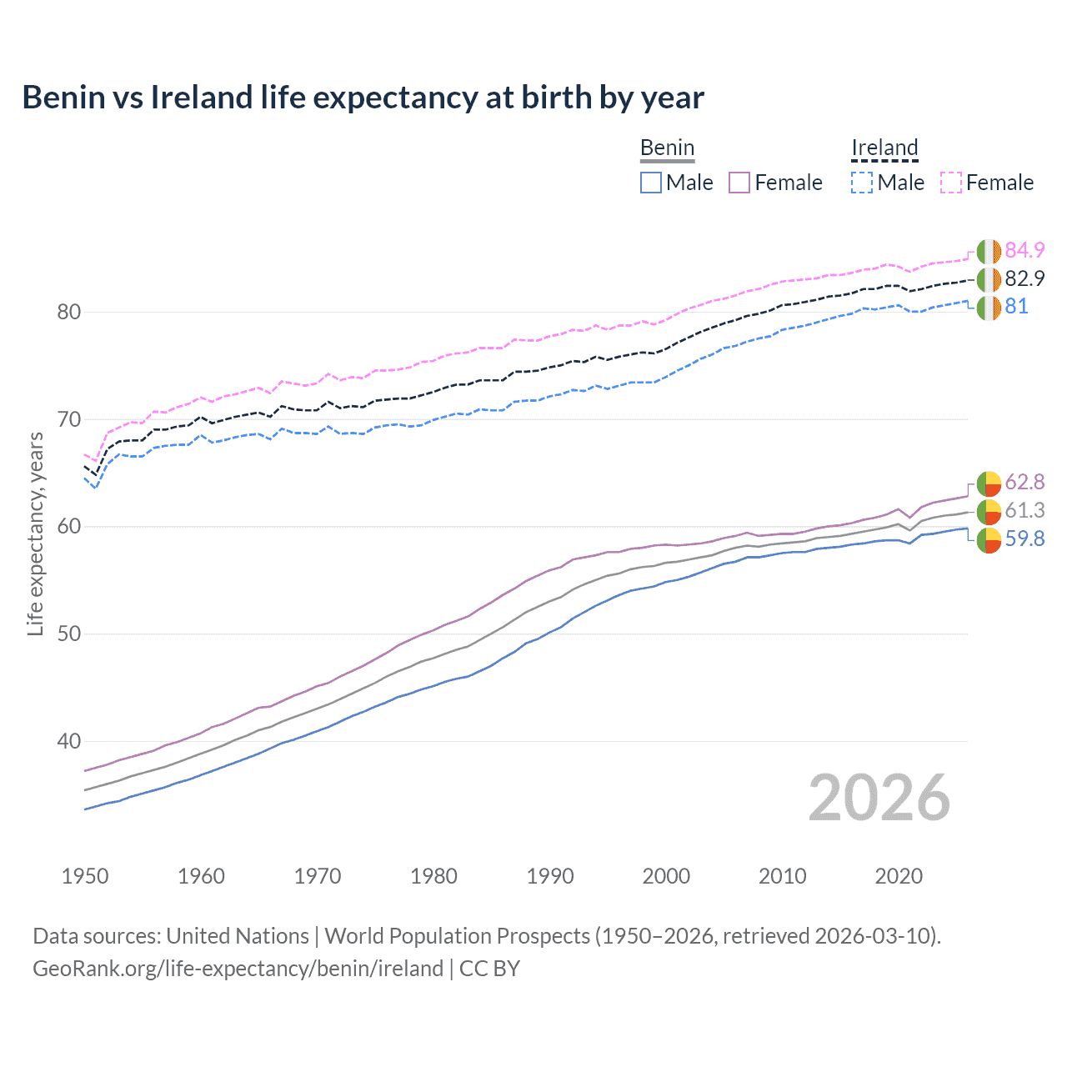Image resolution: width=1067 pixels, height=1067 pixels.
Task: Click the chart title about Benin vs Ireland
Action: (363, 98)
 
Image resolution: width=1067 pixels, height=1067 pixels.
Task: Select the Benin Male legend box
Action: (651, 183)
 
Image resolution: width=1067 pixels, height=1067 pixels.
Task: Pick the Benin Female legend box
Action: (739, 183)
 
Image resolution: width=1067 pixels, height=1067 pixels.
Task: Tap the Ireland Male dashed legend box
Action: (862, 183)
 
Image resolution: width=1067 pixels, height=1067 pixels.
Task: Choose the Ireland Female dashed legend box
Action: (951, 183)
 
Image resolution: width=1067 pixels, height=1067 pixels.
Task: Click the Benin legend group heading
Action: (667, 148)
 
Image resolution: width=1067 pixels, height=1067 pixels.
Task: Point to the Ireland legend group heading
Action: (884, 148)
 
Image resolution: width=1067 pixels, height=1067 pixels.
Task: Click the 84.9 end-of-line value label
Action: (1024, 250)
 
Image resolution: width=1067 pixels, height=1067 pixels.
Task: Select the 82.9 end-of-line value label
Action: (1024, 278)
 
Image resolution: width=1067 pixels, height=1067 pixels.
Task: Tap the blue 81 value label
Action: (1016, 307)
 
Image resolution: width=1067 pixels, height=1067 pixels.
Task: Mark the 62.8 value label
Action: (1024, 483)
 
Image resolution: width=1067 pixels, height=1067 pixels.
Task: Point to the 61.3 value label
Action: (1024, 511)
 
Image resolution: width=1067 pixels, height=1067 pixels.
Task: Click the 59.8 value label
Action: (1024, 539)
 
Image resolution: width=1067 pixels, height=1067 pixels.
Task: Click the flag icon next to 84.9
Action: (989, 251)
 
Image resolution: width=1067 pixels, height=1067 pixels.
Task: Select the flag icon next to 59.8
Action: (989, 540)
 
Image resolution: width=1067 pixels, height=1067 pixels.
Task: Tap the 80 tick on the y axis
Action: (68, 313)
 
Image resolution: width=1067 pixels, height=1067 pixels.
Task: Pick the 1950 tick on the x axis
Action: (85, 876)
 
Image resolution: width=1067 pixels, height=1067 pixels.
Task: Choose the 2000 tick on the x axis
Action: (666, 876)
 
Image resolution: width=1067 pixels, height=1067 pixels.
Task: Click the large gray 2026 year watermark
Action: (879, 798)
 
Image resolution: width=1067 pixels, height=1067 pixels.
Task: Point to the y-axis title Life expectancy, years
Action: (35, 533)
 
